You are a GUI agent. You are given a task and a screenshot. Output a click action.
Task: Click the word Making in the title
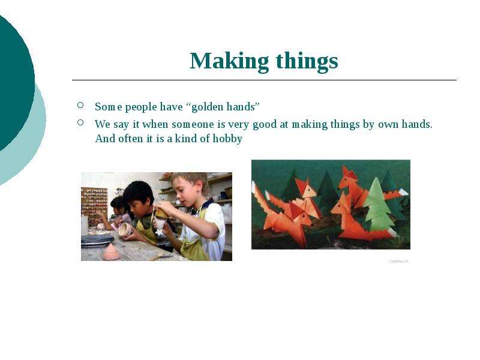tap(229, 62)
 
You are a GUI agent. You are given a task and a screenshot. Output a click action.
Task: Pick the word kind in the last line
tap(186, 139)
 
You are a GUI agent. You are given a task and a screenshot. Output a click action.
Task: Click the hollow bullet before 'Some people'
tap(80, 105)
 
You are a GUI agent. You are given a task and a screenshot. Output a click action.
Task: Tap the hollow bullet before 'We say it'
tap(80, 122)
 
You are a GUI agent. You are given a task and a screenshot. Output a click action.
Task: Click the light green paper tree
tap(379, 205)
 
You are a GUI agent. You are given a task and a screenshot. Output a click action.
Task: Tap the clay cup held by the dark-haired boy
tap(125, 229)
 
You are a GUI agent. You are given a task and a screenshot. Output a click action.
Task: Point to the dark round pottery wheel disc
tap(98, 239)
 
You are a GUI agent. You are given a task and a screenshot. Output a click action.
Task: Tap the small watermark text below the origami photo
tap(398, 261)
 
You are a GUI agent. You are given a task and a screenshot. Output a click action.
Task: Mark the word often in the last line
tap(130, 139)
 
